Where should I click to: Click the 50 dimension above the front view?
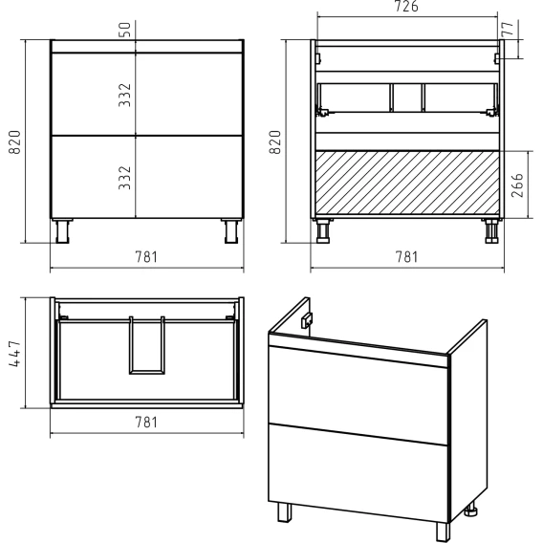(x=126, y=30)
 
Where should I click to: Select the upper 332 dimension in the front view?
(x=125, y=95)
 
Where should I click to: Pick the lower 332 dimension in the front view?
(x=125, y=178)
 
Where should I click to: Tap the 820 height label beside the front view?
(x=14, y=142)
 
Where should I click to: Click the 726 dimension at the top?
(x=406, y=7)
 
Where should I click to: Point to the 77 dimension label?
(x=507, y=29)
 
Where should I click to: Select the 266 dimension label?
(x=517, y=185)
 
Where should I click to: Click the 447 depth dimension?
(x=15, y=354)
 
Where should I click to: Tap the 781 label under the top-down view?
(x=146, y=423)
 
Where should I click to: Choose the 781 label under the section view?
(x=407, y=257)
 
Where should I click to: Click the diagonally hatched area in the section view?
(x=407, y=184)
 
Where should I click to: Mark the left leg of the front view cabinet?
(x=62, y=231)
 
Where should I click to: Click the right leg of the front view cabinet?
(x=231, y=231)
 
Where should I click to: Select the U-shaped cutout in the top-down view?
(x=147, y=345)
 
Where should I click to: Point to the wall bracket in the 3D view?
(x=307, y=320)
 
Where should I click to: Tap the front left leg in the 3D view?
(x=284, y=512)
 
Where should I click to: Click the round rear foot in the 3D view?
(x=471, y=510)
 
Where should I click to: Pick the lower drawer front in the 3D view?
(x=358, y=472)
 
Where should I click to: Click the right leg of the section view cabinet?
(x=491, y=231)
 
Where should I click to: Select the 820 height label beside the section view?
(x=275, y=142)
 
